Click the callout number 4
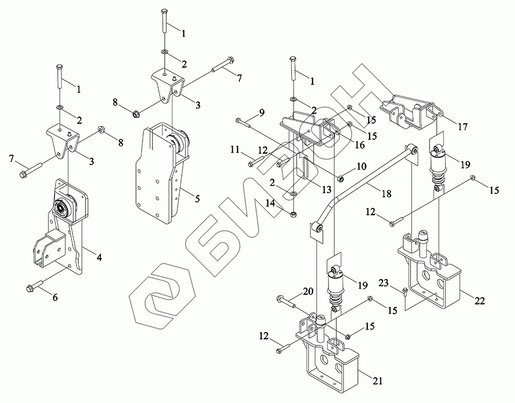coord(98,258)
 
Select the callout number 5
coord(197,199)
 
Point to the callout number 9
coord(261,113)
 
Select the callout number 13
coord(327,189)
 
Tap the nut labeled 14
coord(294,214)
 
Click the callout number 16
coord(360,144)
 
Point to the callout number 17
coord(462,127)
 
